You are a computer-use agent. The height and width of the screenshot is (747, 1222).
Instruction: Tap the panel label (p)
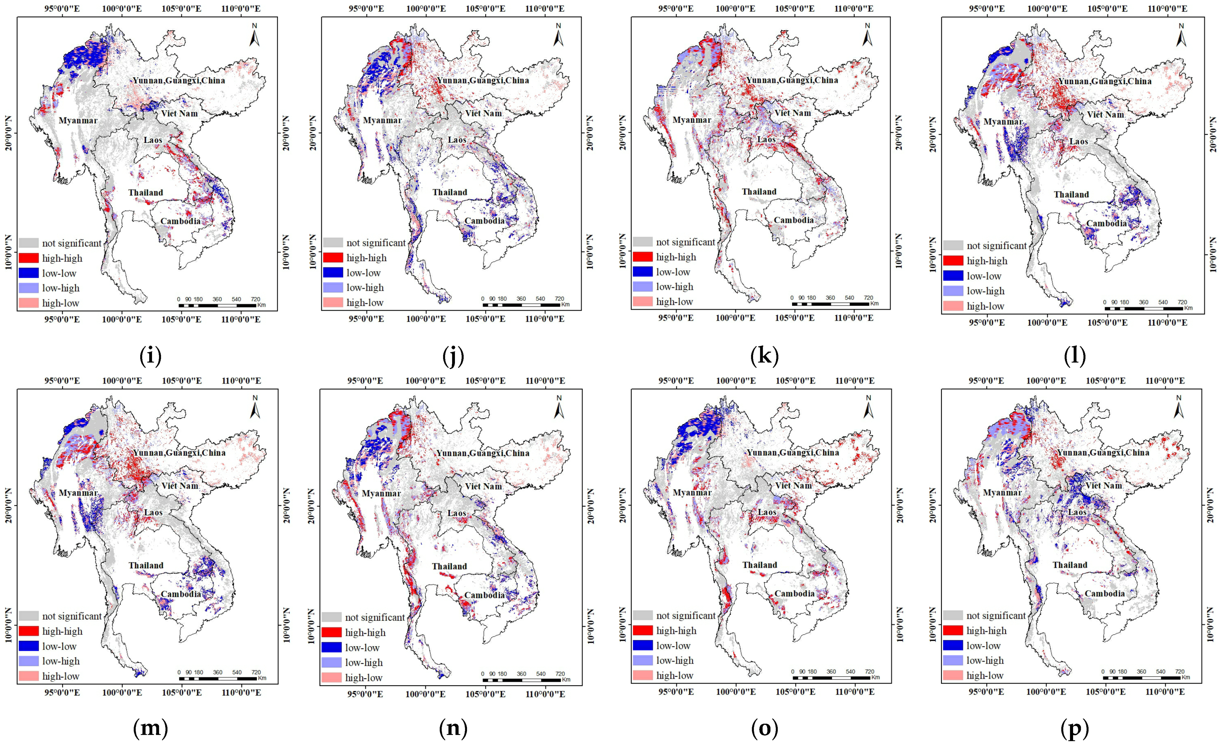(1074, 728)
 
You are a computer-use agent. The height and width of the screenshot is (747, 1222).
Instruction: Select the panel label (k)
(764, 356)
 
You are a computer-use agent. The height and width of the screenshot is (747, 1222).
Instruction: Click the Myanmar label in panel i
(78, 120)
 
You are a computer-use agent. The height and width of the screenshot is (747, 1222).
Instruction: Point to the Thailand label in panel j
(449, 192)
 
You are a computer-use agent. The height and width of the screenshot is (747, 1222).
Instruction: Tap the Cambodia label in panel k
(794, 220)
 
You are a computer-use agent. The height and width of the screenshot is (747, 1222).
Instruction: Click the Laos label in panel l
(1078, 142)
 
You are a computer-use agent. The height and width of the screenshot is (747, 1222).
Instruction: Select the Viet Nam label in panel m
(179, 486)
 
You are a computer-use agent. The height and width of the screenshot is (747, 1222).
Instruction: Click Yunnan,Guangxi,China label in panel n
(483, 453)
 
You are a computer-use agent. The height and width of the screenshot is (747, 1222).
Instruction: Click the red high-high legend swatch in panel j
(333, 258)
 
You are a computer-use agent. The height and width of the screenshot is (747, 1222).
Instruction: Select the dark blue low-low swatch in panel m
(29, 646)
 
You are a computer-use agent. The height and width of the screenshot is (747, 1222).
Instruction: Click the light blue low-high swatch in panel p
(952, 660)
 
